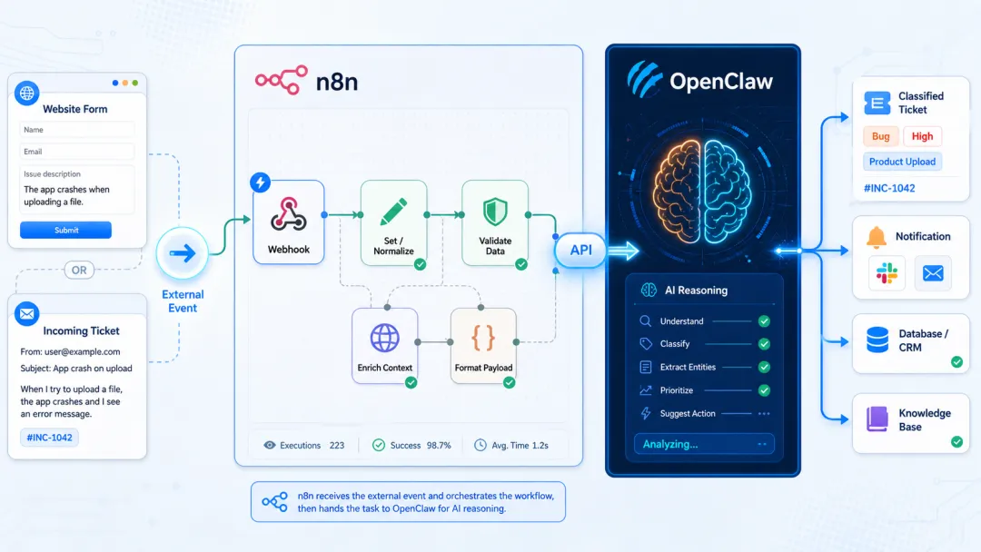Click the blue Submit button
tap(65, 230)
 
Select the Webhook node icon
tap(289, 214)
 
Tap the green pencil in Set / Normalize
tap(393, 212)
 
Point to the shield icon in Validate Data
tap(495, 212)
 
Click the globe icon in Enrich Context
tap(385, 339)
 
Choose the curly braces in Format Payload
tap(483, 339)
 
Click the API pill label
tap(580, 250)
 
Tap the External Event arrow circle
tap(182, 253)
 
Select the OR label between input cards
tap(79, 270)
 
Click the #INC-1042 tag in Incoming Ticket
tap(49, 438)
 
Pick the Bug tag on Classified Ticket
tap(881, 136)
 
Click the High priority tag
tap(922, 136)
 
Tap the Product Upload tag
tap(902, 162)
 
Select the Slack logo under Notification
tap(887, 273)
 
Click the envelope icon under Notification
tap(933, 273)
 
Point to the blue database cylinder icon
tap(877, 340)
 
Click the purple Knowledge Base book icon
tap(877, 419)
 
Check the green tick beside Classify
tap(764, 344)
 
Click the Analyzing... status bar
tap(704, 444)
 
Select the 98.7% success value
tap(439, 445)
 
